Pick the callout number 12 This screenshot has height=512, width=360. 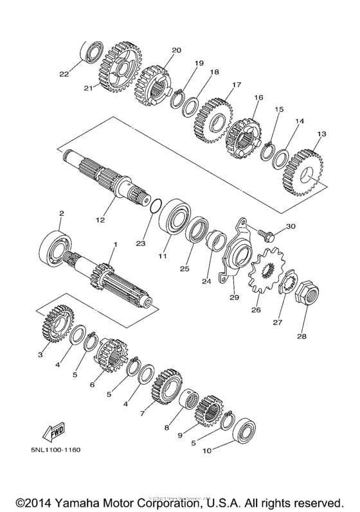point(100,220)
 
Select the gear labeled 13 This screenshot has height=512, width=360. point(302,173)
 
